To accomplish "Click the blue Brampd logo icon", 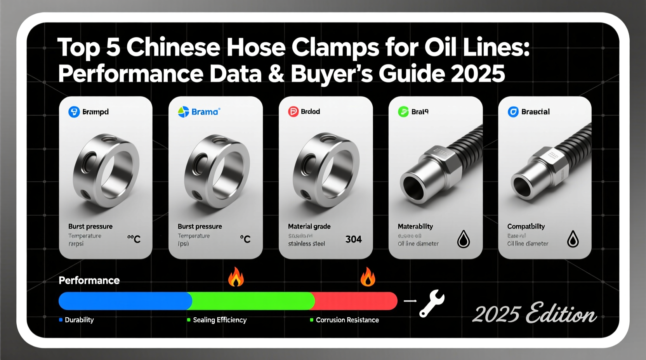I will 74,112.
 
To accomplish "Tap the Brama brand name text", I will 205,112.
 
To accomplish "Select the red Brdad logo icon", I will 293,112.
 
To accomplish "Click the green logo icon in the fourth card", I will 403,112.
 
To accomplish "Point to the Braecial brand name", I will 535,112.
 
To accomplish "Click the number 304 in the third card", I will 353,239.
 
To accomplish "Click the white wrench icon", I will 432,303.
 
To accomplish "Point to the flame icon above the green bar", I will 236,277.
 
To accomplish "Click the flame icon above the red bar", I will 367,277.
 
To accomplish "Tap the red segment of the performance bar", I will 355,301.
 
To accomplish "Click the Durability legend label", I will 79,320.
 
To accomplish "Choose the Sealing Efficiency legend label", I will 220,320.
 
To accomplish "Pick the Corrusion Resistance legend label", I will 347,320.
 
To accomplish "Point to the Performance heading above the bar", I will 89,280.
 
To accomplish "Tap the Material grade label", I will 309,226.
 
